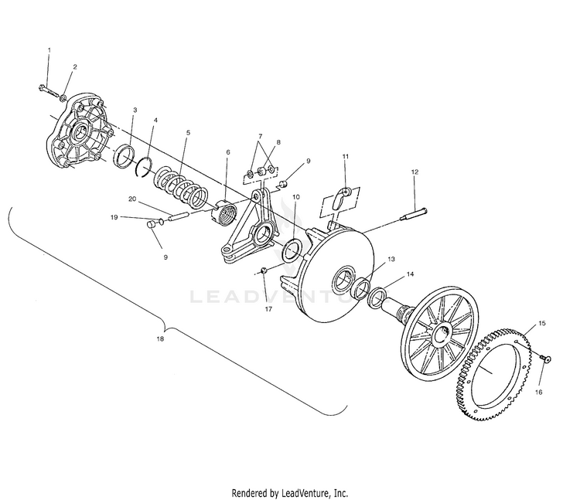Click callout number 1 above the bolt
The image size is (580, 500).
(49, 49)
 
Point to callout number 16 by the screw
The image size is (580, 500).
(539, 393)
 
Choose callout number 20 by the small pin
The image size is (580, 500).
(133, 199)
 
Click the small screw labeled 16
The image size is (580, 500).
(545, 358)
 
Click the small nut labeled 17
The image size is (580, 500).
(264, 270)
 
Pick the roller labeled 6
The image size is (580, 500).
(223, 211)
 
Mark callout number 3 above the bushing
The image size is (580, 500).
(135, 110)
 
